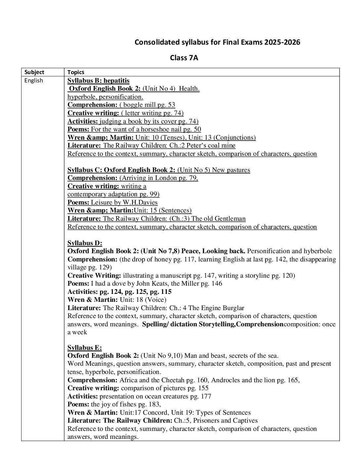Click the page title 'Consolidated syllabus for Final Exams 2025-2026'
point(217,42)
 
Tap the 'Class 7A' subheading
point(184,58)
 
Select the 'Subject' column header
point(34,72)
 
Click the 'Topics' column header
point(76,72)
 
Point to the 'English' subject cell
point(33,80)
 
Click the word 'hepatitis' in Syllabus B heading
point(116,80)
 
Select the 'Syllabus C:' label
point(85,170)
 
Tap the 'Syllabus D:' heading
point(85,243)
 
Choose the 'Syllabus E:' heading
point(84,348)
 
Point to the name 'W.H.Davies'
point(141,203)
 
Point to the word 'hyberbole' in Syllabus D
point(317,251)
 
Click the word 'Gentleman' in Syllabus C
point(230,219)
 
